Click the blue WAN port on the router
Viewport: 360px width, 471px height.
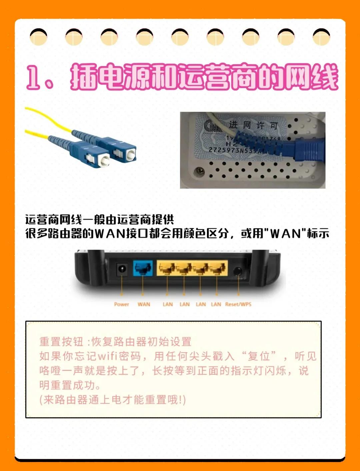(143, 268)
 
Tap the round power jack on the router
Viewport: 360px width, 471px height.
(122, 269)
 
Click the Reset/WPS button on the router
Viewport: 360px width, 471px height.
(238, 271)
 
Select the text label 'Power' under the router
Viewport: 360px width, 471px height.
(121, 304)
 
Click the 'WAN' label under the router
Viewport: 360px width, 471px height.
(144, 304)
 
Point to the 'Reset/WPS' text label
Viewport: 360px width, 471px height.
(238, 304)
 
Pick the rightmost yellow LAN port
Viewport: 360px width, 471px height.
(217, 269)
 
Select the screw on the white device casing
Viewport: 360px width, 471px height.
(200, 171)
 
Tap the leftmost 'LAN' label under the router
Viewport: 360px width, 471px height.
(168, 304)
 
